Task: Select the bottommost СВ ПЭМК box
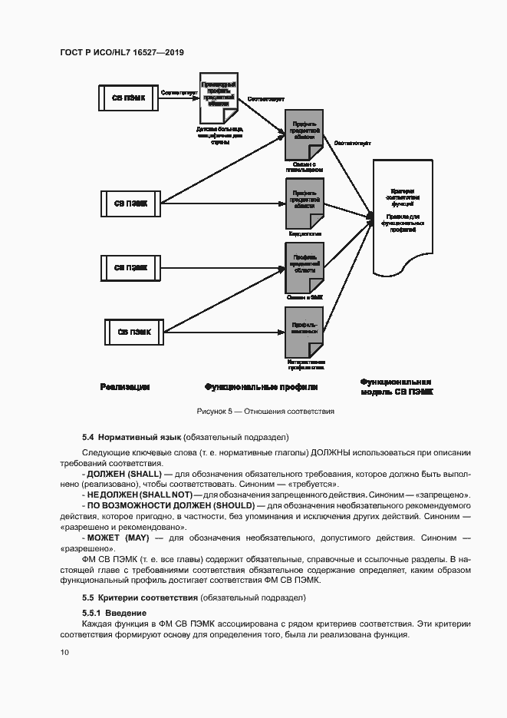coord(133,332)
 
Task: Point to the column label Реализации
coord(124,386)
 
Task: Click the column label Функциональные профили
coord(261,386)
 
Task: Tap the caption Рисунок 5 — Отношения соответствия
coord(265,412)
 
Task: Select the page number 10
coord(64,652)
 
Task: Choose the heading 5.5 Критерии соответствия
coord(139,597)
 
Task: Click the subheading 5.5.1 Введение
coord(115,612)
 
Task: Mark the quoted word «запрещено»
coord(446,495)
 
